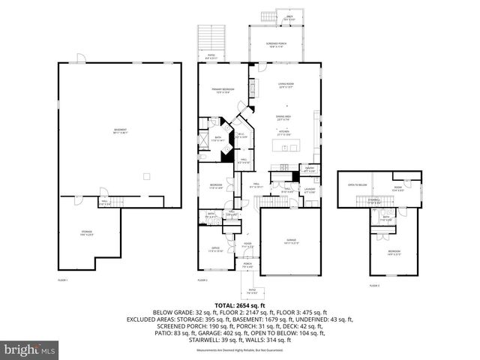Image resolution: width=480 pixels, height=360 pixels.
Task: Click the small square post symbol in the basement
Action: [x=148, y=177]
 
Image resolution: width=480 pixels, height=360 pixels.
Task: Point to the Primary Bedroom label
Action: [x=223, y=91]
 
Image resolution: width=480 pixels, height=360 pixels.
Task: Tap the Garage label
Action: [x=291, y=241]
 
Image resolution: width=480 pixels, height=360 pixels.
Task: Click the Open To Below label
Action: [x=356, y=184]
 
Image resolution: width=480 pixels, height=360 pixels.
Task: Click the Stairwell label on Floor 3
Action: [x=373, y=200]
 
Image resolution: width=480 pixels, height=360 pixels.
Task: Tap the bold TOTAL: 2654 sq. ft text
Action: [x=240, y=305]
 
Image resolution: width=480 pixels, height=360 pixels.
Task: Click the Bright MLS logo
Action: [x=30, y=349]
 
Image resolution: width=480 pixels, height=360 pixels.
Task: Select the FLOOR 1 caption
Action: [x=62, y=280]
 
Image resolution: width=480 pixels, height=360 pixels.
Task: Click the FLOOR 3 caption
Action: [x=373, y=286]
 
